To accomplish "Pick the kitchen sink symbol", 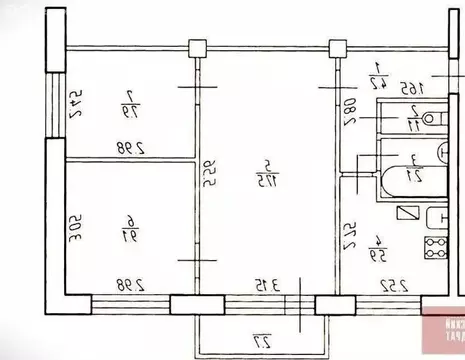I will coord(436,218).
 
